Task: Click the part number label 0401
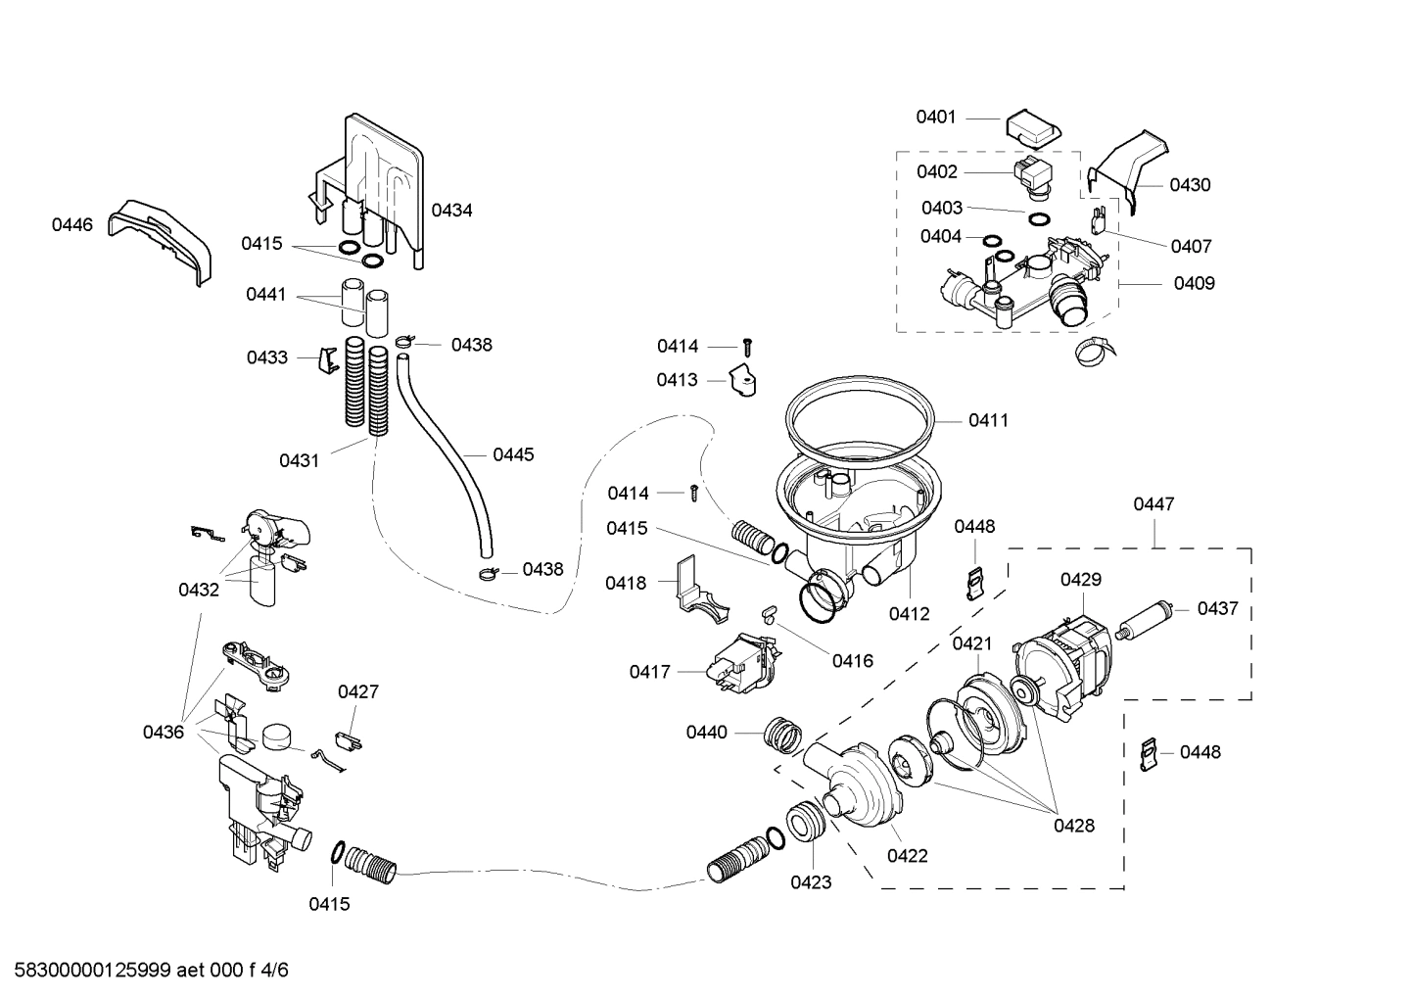[935, 118]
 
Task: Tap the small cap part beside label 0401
[1031, 126]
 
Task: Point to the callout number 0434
[451, 211]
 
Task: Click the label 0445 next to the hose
[513, 454]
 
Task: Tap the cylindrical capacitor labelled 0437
[1152, 619]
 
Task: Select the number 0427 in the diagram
[358, 692]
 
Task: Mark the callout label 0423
[811, 882]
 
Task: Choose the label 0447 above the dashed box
[1153, 504]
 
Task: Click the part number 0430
[1190, 185]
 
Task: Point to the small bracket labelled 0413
[743, 382]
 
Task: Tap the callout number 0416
[852, 661]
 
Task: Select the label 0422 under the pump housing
[907, 856]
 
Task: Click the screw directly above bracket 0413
[747, 346]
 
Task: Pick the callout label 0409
[1194, 284]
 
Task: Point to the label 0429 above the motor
[1080, 580]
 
